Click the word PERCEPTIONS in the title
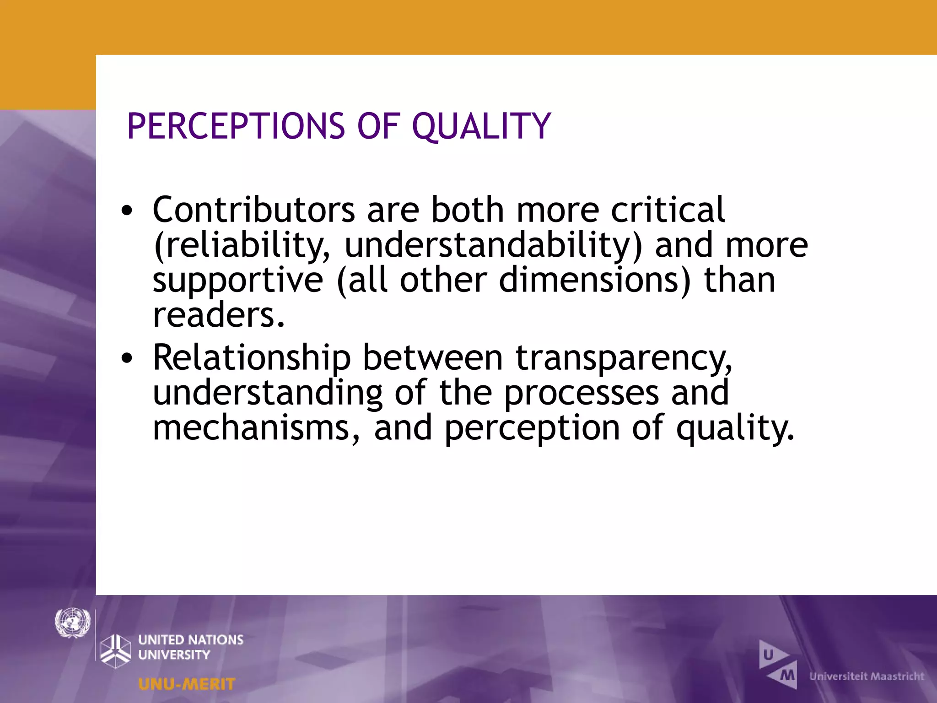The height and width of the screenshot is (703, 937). point(236,126)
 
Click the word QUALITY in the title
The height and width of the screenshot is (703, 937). point(481,127)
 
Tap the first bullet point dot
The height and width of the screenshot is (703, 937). point(127,211)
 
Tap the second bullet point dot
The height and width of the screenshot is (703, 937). point(127,358)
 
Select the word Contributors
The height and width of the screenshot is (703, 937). point(253,210)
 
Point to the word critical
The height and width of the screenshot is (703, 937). point(668,210)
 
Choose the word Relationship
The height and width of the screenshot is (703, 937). point(252,358)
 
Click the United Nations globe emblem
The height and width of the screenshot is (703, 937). point(72,622)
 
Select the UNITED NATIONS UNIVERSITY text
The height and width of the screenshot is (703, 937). point(190,647)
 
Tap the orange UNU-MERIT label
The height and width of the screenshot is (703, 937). point(187,684)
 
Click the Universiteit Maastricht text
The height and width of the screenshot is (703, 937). point(867,676)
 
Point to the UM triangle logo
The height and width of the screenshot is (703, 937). point(778,665)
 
